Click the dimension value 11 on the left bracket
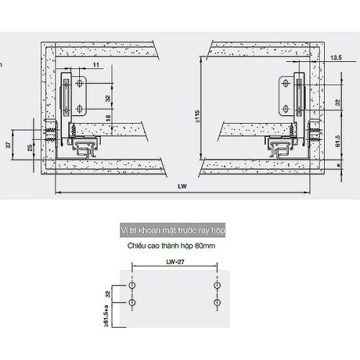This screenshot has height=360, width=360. click(x=95, y=66)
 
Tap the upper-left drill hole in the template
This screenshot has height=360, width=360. click(x=132, y=287)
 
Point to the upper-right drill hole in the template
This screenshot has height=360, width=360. click(x=215, y=287)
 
